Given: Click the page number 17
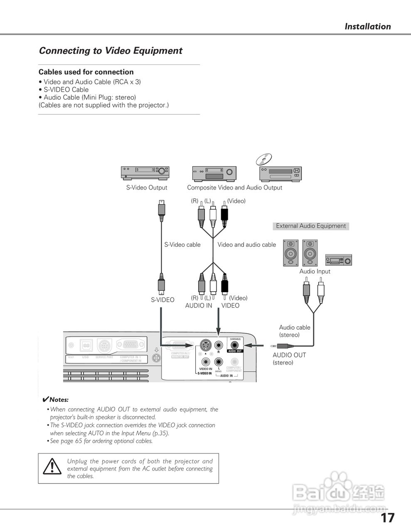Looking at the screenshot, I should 387,518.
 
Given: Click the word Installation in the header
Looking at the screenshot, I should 367,27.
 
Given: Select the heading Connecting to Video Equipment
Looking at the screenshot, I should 111,51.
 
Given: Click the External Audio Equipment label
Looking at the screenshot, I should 311,226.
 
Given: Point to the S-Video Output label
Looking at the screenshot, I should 147,187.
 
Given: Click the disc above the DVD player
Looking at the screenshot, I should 264,159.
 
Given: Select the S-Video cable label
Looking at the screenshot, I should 182,245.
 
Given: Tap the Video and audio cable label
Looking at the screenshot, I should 246,245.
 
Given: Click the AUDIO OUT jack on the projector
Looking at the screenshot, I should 235,345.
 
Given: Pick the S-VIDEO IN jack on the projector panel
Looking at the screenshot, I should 205,345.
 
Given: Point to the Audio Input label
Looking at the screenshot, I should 315,271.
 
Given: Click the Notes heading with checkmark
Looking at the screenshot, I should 56,400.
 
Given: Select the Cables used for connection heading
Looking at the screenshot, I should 86,72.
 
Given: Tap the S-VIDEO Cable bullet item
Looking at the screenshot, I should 66,90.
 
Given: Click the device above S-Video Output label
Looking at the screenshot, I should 145,172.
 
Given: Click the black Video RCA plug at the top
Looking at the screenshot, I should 224,214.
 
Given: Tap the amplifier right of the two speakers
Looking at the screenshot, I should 338,260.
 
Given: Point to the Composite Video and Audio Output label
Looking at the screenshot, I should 234,187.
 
